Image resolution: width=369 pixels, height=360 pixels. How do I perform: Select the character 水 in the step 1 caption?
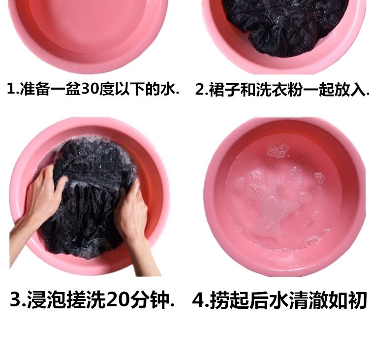168,89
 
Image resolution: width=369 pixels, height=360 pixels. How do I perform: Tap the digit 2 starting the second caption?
200,90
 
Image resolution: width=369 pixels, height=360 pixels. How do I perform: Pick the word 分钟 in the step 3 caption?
150,300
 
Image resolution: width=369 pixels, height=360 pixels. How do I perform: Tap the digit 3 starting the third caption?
16,299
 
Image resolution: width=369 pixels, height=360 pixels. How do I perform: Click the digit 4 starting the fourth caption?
199,300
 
